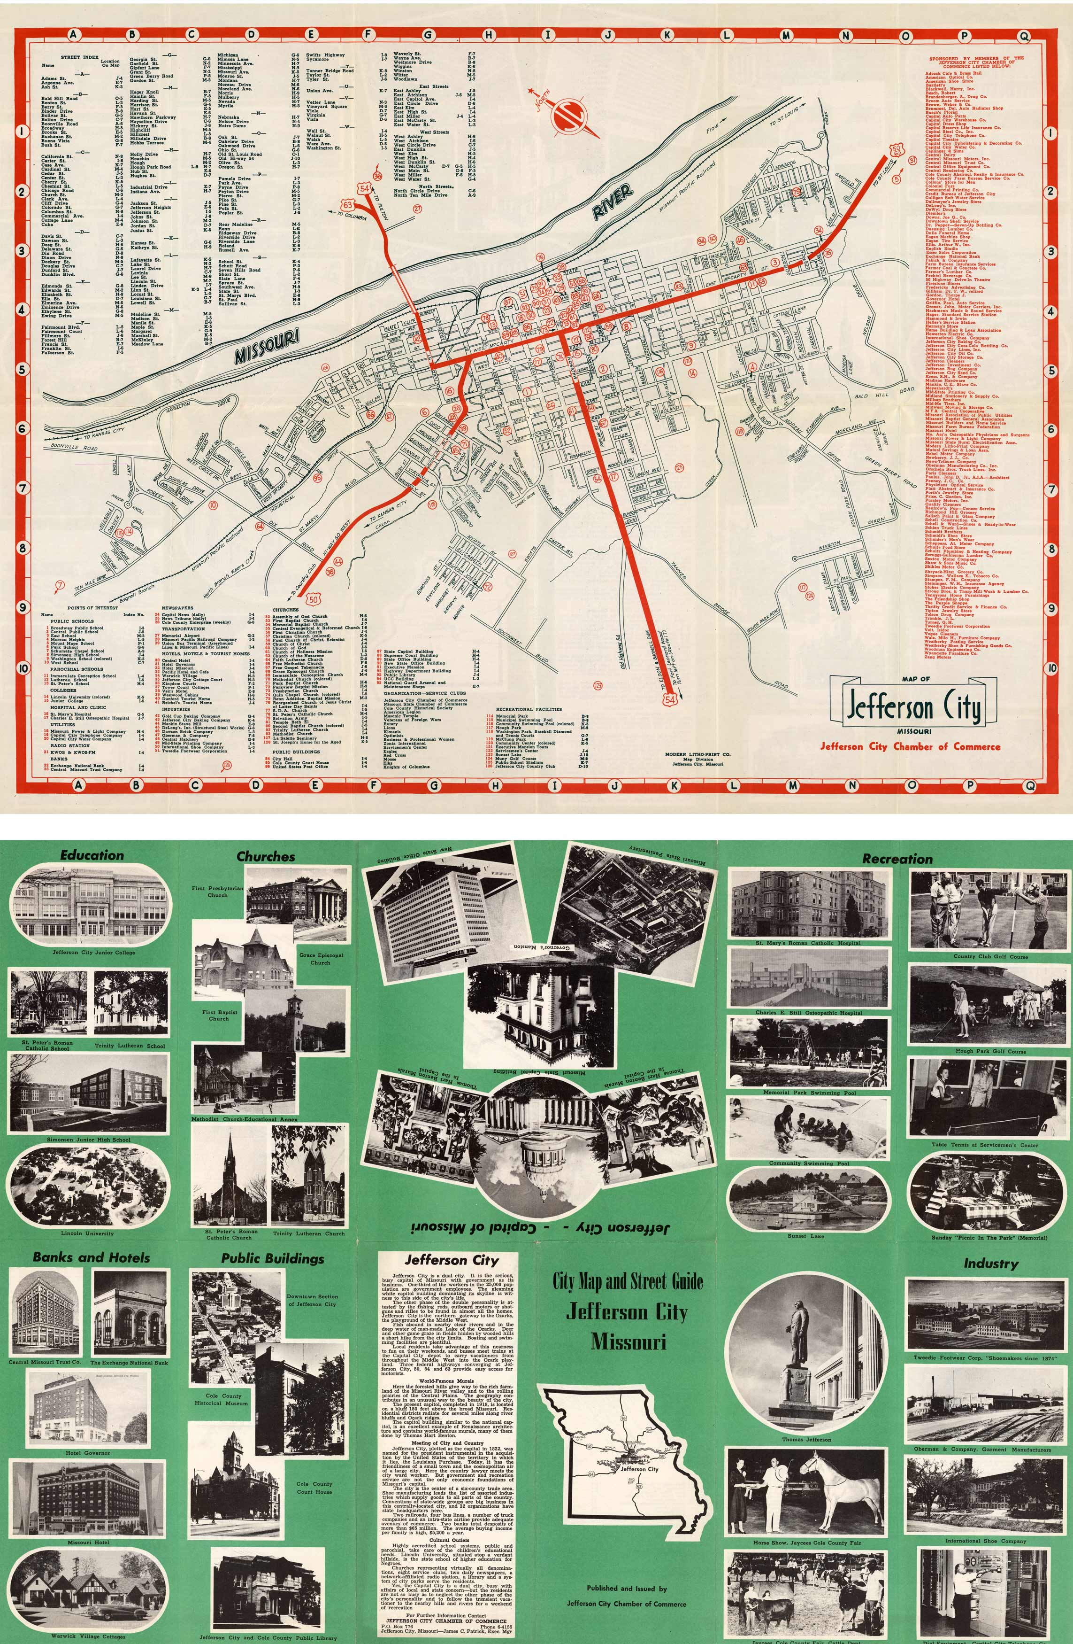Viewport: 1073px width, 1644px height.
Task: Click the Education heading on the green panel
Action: pyautogui.click(x=92, y=855)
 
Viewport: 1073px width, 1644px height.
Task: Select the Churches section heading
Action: pyautogui.click(x=266, y=857)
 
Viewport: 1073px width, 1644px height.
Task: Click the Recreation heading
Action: pyautogui.click(x=897, y=859)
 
